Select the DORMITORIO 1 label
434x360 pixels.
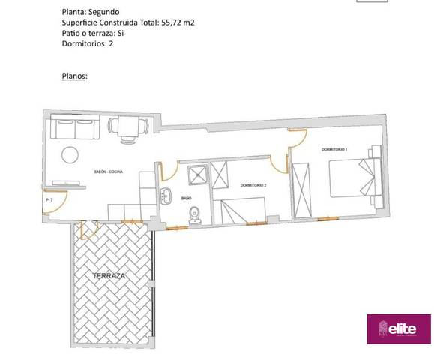pos(334,150)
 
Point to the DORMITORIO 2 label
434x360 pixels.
pos(253,184)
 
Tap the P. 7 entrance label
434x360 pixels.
pos(49,201)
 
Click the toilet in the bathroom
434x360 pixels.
pos(195,214)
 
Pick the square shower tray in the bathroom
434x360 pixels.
pos(198,175)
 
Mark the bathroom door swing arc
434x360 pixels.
pos(168,169)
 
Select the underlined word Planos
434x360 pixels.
pos(73,76)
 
